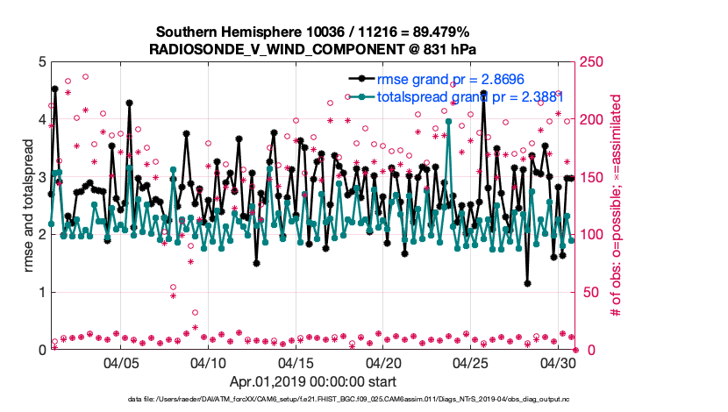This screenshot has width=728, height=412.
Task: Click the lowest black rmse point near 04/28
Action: [527, 284]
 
